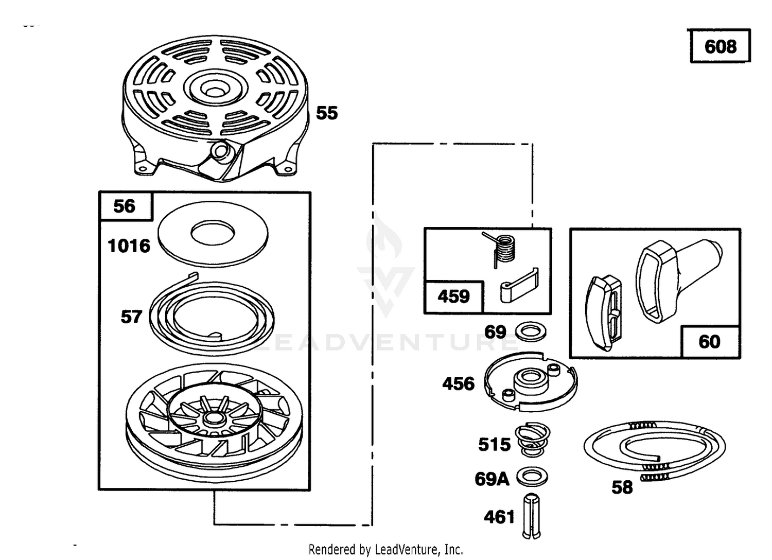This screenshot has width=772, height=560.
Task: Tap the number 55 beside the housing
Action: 327,113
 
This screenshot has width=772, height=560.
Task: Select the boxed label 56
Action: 124,206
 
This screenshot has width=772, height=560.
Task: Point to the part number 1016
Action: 129,246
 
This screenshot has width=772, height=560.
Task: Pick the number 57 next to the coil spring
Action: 131,317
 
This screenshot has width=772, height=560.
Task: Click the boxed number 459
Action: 453,296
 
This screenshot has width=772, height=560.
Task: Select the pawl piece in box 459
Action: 519,286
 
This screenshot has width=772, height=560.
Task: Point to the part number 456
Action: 458,384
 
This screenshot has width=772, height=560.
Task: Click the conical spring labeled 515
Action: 532,440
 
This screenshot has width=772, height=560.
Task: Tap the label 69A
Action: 492,479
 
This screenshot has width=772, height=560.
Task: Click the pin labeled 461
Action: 531,517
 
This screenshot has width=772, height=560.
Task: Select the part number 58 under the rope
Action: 622,487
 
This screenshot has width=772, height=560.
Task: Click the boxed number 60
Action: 709,342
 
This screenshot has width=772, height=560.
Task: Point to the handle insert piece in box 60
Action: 603,313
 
